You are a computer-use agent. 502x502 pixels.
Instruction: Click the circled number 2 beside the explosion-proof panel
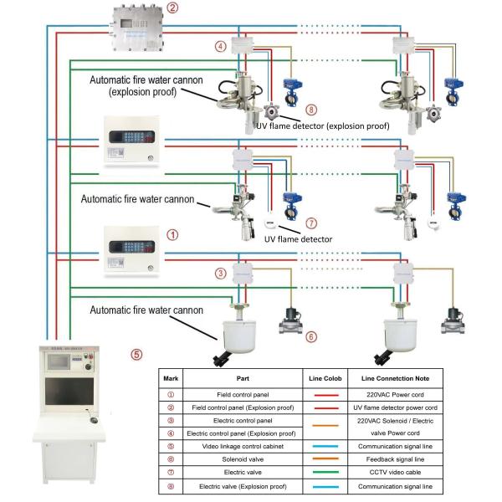tap(172, 9)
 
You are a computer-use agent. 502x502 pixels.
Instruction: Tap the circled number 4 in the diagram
tap(221, 47)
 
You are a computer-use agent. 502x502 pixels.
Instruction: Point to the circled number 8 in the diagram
tap(310, 110)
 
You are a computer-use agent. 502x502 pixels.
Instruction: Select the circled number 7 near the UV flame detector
tap(310, 223)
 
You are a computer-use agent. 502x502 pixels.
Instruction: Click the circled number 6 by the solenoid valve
tap(310, 336)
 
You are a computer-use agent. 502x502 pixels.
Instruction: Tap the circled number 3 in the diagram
tap(221, 273)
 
